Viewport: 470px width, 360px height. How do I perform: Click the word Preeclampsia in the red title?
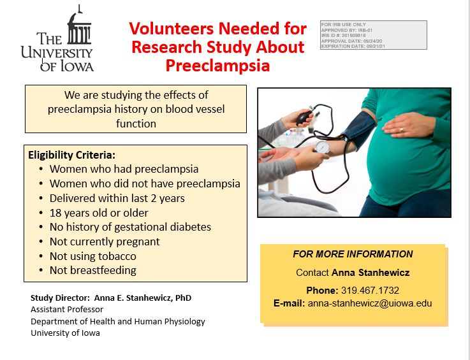click(x=217, y=66)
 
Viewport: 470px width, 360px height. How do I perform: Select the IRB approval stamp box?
click(x=373, y=34)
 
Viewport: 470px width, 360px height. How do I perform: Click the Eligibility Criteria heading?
click(x=71, y=155)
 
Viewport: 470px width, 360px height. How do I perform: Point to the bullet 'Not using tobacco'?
click(x=92, y=256)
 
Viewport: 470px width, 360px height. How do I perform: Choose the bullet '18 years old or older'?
click(x=98, y=213)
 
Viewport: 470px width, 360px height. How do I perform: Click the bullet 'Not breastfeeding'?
click(x=92, y=270)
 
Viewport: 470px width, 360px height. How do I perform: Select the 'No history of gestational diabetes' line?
click(x=130, y=227)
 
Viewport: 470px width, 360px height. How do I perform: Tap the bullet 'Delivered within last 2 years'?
click(x=117, y=198)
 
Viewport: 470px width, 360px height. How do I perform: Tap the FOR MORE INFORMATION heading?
click(x=353, y=254)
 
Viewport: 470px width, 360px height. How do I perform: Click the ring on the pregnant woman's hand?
click(x=402, y=129)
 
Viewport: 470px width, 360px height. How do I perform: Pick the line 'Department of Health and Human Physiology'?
click(x=117, y=321)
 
